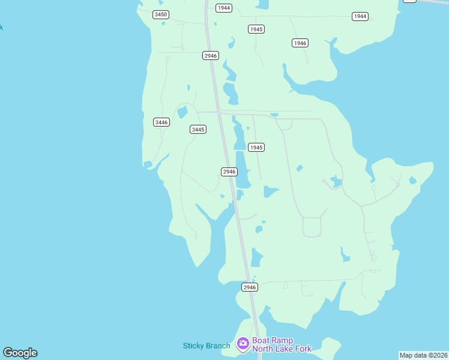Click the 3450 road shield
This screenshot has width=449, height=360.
(160, 14)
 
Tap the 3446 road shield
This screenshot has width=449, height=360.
(161, 122)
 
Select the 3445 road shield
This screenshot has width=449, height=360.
(198, 130)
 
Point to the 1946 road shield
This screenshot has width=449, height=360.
(300, 43)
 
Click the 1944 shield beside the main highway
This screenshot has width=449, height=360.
(224, 8)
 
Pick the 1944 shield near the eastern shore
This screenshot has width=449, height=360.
(360, 16)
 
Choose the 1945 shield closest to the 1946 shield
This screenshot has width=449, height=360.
(256, 29)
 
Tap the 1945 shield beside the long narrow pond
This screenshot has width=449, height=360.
(256, 147)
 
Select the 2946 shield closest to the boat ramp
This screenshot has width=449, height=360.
(250, 287)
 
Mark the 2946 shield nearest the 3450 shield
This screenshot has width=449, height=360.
(211, 55)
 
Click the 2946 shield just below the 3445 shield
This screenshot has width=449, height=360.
(229, 172)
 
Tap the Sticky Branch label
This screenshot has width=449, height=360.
(206, 346)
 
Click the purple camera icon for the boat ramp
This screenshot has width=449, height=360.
(243, 343)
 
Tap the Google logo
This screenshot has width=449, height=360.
(20, 353)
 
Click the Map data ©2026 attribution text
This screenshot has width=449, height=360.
(423, 355)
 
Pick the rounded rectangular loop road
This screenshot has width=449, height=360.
(312, 227)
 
